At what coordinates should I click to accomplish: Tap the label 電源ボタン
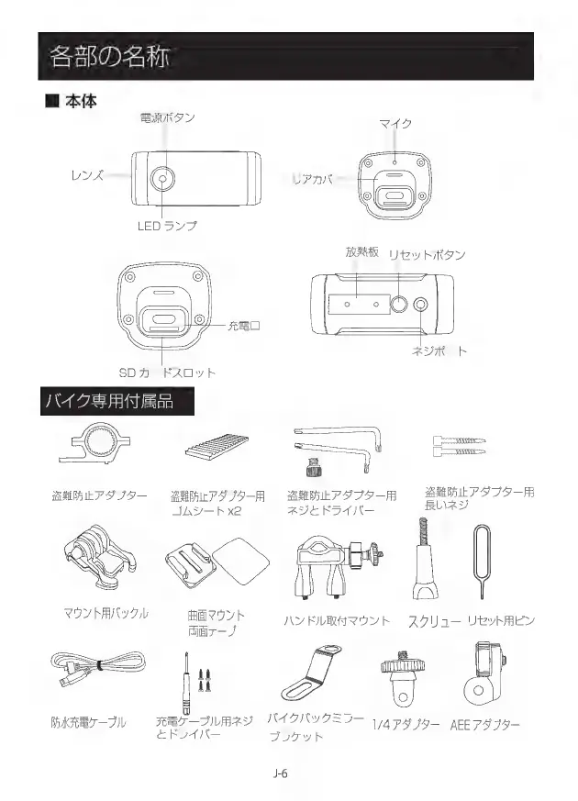pos(167,119)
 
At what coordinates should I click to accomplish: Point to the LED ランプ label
pos(167,225)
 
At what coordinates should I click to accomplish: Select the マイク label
pos(395,124)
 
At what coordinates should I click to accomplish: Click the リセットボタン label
pos(428,254)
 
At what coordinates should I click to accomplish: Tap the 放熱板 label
pos(362,252)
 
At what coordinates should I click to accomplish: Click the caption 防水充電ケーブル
pos(88,723)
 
